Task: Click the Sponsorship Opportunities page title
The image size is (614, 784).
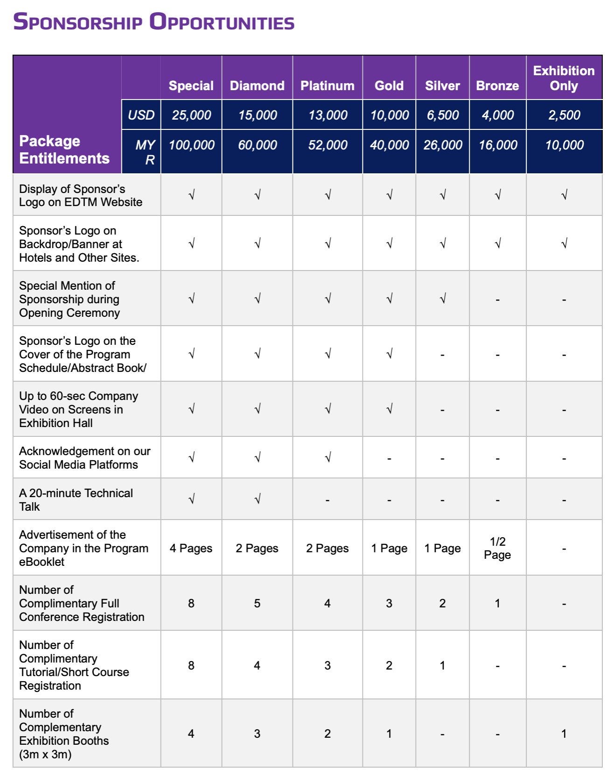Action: click(x=154, y=22)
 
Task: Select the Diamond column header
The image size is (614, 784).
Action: click(x=257, y=86)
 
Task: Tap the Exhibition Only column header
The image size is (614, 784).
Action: click(x=564, y=78)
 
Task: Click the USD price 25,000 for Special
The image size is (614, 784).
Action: click(x=191, y=115)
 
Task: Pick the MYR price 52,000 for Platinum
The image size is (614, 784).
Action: click(x=328, y=145)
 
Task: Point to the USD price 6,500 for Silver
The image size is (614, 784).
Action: click(x=443, y=115)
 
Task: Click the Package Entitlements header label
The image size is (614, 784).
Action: click(x=64, y=150)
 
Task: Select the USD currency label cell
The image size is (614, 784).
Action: click(x=141, y=115)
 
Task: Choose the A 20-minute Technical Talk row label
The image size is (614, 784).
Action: click(x=76, y=499)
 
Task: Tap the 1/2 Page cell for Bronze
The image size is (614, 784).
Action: click(x=497, y=548)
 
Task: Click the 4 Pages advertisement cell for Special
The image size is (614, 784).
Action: click(x=191, y=548)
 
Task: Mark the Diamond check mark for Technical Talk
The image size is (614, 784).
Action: click(x=257, y=499)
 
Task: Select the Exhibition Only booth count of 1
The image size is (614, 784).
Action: click(x=564, y=734)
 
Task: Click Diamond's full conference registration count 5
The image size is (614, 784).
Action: click(x=257, y=603)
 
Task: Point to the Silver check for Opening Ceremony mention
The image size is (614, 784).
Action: click(x=443, y=298)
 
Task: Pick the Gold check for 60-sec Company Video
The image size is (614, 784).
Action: click(x=389, y=409)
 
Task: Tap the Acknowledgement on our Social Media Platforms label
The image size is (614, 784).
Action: click(x=84, y=458)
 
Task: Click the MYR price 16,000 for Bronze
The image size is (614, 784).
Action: click(x=498, y=145)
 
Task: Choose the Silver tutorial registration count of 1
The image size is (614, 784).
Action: click(x=442, y=665)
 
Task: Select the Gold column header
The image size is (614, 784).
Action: click(x=389, y=86)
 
